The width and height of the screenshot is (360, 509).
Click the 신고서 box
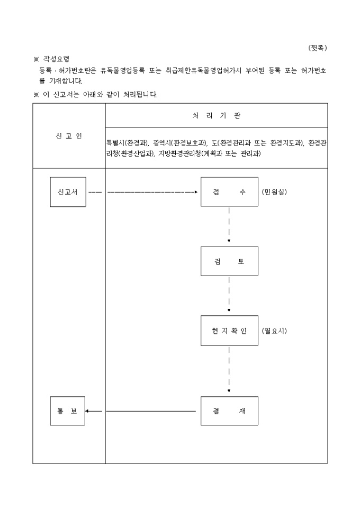tap(68, 192)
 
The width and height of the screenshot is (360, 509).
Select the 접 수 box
tap(229, 192)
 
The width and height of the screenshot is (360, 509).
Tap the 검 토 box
tap(229, 261)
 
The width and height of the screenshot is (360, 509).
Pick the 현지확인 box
tap(229, 331)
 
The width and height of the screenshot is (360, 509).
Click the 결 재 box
tap(229, 411)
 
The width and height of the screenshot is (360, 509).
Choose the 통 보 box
tap(68, 411)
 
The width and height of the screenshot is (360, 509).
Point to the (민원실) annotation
tap(274, 192)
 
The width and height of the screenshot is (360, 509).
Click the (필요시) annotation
tap(274, 331)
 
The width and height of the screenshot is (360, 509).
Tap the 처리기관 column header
tap(216, 115)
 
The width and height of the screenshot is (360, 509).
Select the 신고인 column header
tap(69, 136)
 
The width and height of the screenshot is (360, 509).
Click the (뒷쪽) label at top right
tap(318, 48)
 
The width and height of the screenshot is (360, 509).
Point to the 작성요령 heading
tap(56, 59)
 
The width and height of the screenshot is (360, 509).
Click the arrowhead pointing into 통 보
tap(87, 411)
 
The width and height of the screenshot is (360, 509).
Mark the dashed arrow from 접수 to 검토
tap(229, 225)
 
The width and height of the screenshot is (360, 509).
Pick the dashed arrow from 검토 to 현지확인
tap(229, 295)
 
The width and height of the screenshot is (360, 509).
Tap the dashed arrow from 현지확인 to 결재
tap(229, 370)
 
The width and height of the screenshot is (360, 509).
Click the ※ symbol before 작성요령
tap(36, 59)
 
